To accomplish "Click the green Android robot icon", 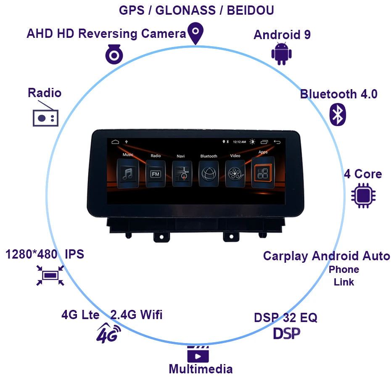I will click(281, 53).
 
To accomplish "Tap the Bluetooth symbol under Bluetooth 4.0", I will click(337, 114).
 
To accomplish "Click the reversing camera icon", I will click(114, 55).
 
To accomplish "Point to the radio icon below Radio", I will click(45, 118).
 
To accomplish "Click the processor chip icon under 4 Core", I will click(364, 195).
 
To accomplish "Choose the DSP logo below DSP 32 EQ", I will click(287, 333).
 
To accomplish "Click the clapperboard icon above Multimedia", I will click(198, 354).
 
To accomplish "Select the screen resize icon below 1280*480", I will click(50, 275).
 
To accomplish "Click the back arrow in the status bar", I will click(277, 142).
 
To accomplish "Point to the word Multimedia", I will click(201, 369).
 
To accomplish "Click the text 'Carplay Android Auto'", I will click(326, 256).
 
